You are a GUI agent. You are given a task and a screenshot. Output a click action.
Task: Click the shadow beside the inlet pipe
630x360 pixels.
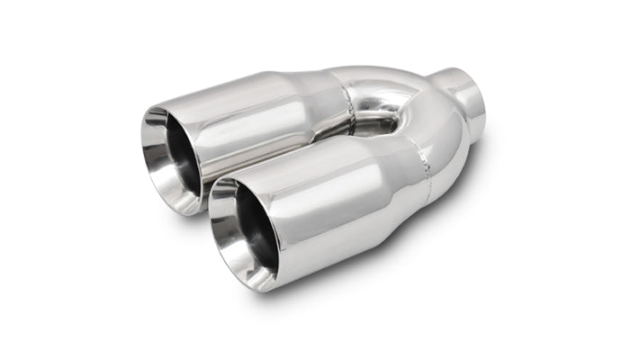coord(490,144)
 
